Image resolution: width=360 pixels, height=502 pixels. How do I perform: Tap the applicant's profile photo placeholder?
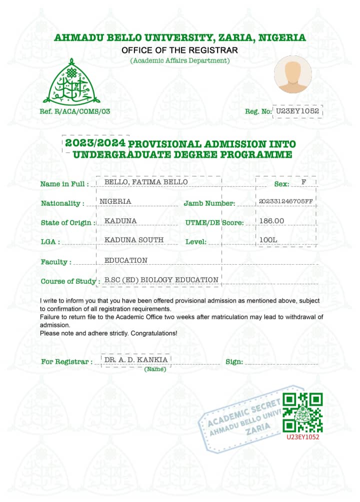(x=293, y=75)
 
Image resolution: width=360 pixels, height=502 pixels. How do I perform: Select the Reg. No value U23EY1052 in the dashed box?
(x=298, y=111)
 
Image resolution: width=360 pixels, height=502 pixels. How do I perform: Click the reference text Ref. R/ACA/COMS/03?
(x=75, y=111)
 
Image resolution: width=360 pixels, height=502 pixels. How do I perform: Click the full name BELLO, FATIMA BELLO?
(x=146, y=182)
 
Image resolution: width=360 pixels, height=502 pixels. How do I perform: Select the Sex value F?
(x=303, y=182)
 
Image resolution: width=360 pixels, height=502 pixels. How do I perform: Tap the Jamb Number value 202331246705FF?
(x=286, y=201)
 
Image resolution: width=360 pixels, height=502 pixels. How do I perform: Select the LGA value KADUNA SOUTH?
(x=134, y=240)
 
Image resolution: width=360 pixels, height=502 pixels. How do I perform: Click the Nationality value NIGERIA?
(x=115, y=201)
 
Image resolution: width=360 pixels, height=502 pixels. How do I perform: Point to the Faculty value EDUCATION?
(x=126, y=260)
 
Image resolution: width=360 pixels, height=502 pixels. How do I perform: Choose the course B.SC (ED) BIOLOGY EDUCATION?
(x=161, y=280)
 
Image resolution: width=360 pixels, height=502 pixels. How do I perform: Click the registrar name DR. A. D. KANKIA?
(x=136, y=360)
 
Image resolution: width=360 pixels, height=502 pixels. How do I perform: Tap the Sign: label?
(x=234, y=362)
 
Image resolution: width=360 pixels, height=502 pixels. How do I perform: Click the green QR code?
(x=302, y=413)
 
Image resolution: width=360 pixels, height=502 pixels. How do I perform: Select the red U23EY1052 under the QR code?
(x=302, y=437)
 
